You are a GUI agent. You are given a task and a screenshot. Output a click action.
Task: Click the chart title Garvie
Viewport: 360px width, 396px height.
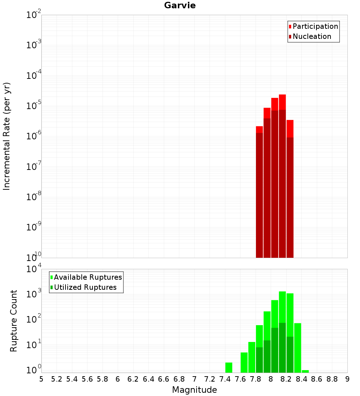click(x=180, y=5)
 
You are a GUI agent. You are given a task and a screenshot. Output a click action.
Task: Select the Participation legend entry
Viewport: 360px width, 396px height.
click(x=315, y=26)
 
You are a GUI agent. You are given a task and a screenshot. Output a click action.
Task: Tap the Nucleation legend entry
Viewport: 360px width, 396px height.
click(x=312, y=36)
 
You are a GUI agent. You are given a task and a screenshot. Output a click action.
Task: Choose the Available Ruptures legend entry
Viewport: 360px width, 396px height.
click(x=87, y=277)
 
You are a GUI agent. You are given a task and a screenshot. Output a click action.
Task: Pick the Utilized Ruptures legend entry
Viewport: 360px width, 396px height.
click(x=85, y=287)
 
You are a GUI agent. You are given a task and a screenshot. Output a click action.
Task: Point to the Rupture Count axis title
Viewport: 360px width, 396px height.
click(x=14, y=321)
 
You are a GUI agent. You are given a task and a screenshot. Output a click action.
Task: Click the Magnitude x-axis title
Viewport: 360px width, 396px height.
click(x=194, y=390)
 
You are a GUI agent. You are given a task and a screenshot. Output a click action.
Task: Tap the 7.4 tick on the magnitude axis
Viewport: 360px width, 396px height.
click(x=225, y=379)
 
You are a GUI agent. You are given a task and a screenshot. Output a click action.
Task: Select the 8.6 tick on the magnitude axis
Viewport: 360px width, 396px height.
click(x=317, y=379)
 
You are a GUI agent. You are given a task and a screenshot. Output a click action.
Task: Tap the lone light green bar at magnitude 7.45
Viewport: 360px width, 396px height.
click(x=229, y=368)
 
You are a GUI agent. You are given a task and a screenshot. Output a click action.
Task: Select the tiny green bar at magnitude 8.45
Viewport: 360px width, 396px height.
click(x=305, y=371)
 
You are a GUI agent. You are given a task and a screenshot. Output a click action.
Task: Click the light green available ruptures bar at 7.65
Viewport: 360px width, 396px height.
click(x=244, y=363)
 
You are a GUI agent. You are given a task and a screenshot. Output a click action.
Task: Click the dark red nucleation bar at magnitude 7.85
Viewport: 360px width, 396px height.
click(x=259, y=194)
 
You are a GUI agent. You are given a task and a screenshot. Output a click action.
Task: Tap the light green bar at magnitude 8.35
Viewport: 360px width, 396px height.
click(x=297, y=347)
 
